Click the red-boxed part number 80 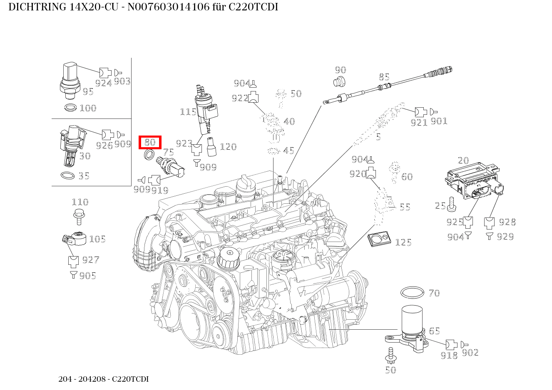point(150,142)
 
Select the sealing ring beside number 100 point(71,108)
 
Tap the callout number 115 point(188,112)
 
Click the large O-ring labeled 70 point(412,292)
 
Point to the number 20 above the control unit point(463,160)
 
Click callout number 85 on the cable point(384,77)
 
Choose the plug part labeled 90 point(340,81)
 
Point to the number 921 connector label point(418,122)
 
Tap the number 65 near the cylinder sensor point(434,331)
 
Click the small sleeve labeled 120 point(211,146)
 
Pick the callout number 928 point(507,222)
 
